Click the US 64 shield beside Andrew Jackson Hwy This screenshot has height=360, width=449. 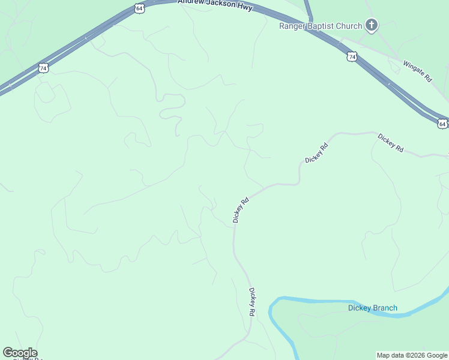click(x=139, y=8)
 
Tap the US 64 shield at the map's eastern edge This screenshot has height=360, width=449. click(x=442, y=124)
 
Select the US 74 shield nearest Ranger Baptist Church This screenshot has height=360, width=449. click(x=352, y=56)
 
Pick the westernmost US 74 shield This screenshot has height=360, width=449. click(x=43, y=68)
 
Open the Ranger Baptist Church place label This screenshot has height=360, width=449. click(x=321, y=26)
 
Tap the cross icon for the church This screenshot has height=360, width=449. click(x=372, y=25)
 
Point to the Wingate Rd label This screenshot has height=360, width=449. click(x=418, y=71)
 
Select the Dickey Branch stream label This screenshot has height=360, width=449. click(x=373, y=308)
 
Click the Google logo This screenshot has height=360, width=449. click(x=20, y=353)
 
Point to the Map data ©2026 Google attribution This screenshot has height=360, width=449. click(x=412, y=355)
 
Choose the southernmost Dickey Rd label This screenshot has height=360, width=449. click(x=253, y=303)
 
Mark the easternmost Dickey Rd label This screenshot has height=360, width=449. click(x=391, y=143)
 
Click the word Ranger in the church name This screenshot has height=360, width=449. click(x=292, y=26)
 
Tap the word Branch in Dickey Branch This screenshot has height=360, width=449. click(x=385, y=308)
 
